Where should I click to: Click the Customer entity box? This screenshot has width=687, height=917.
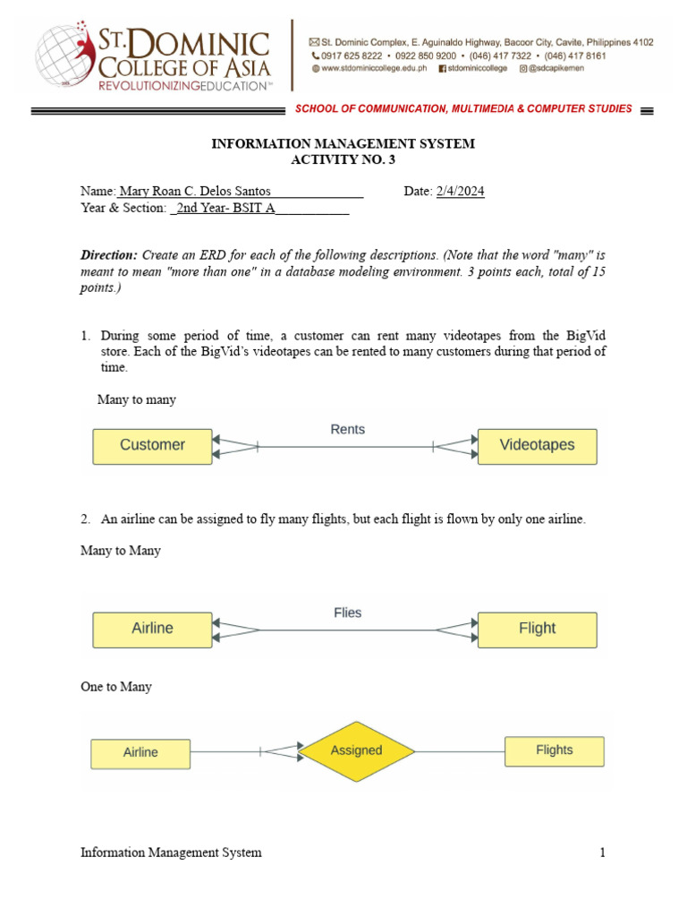(x=152, y=445)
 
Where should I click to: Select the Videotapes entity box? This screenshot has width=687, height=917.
(x=537, y=445)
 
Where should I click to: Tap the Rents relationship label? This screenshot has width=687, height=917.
(x=347, y=429)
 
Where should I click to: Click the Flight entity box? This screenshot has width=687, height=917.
(x=537, y=629)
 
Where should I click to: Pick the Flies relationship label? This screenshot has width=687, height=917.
(x=347, y=613)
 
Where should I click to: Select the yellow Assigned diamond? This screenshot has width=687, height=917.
(x=356, y=750)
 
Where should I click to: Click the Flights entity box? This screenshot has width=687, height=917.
(x=554, y=750)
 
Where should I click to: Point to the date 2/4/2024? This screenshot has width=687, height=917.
(x=460, y=192)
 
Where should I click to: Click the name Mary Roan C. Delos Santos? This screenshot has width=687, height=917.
(x=194, y=192)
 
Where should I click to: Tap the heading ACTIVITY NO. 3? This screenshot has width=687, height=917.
(x=343, y=160)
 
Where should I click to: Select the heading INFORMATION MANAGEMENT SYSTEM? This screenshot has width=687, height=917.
(x=343, y=143)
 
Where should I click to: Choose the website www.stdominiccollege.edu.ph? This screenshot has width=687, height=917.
(x=375, y=68)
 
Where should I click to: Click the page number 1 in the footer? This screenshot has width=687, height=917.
(x=602, y=853)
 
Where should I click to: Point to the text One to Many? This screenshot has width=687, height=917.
(x=116, y=687)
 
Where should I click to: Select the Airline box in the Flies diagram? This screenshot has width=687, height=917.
(x=152, y=629)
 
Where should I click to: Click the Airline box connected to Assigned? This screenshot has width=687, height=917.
(x=140, y=753)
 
